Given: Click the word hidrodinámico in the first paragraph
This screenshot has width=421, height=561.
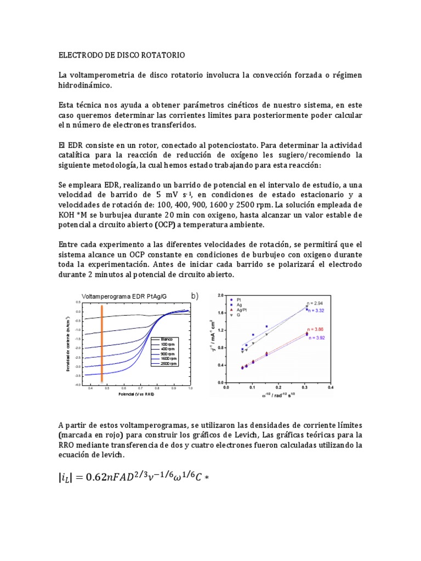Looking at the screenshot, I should pyautogui.click(x=84, y=85).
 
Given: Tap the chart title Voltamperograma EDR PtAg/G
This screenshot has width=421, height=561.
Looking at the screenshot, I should pyautogui.click(x=124, y=296).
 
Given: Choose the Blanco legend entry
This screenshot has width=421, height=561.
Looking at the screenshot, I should pyautogui.click(x=167, y=339).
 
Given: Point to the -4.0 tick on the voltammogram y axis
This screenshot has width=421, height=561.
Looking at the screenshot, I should pyautogui.click(x=78, y=385).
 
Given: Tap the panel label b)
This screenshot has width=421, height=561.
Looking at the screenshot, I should pyautogui.click(x=194, y=296).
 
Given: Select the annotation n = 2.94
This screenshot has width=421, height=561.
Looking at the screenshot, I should pyautogui.click(x=315, y=302).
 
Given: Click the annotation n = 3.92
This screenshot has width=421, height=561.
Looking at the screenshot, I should pyautogui.click(x=317, y=338).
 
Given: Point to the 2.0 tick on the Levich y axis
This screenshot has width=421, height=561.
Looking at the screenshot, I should pyautogui.click(x=220, y=295).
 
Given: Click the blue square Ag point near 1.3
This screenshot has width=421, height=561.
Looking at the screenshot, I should pyautogui.click(x=266, y=327).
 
